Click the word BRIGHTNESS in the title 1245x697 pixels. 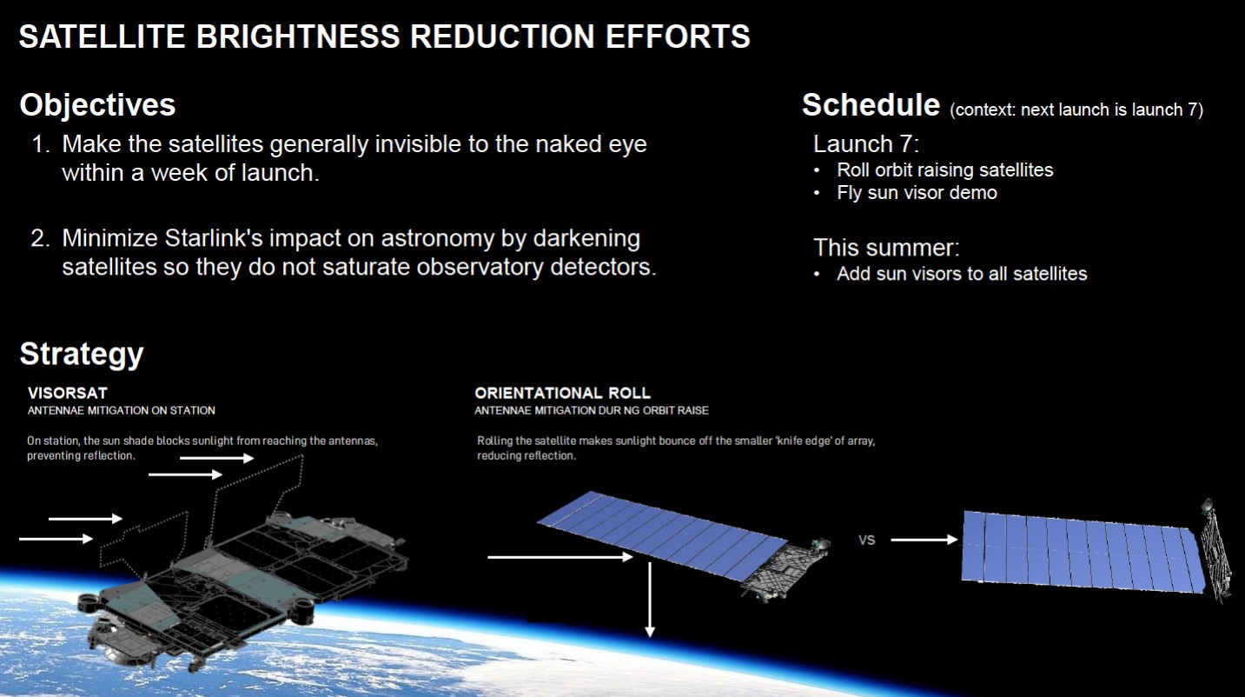point(298,37)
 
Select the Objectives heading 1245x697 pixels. point(98,105)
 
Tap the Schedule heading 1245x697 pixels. point(871,104)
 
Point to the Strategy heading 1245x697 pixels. point(82,355)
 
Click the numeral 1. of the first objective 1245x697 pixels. point(41,144)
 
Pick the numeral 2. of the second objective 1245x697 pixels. point(40,238)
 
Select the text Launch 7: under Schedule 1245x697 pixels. point(866,144)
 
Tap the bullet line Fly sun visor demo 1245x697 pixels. point(917,193)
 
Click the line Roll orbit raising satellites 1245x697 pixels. point(945,170)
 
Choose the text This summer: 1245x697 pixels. point(886,248)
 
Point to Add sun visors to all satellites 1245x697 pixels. point(962,274)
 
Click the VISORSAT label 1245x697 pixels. point(67,393)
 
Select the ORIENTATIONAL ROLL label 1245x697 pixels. point(562,393)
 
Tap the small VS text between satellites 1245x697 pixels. point(866,540)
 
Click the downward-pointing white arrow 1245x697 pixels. point(649,599)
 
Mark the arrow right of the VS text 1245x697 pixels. point(924,539)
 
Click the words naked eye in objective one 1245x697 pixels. point(592,145)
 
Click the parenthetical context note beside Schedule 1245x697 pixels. point(1076,110)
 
